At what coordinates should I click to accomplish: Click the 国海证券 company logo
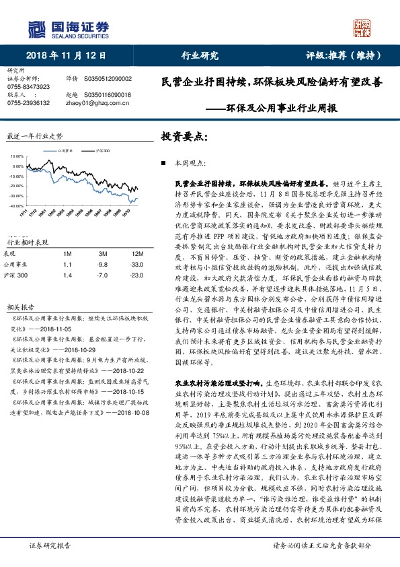[x=68, y=28]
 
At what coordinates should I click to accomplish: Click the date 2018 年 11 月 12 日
[x=65, y=55]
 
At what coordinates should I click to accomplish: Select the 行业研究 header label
[x=200, y=55]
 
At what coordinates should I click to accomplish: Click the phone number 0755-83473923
[x=28, y=88]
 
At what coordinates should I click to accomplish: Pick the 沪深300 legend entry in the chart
[x=102, y=152]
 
